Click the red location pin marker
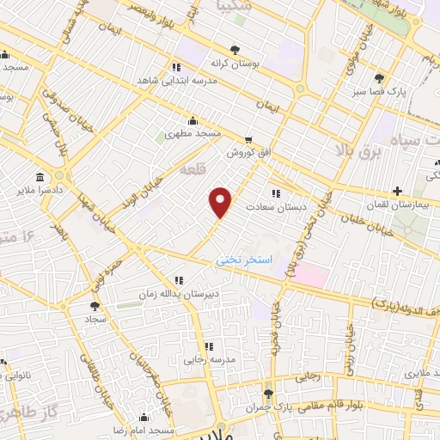coord(222,202)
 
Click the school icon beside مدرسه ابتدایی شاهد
coord(175,67)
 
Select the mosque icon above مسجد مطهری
coord(192,121)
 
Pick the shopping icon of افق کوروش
coord(248,139)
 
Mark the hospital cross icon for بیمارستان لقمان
coord(397,191)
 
